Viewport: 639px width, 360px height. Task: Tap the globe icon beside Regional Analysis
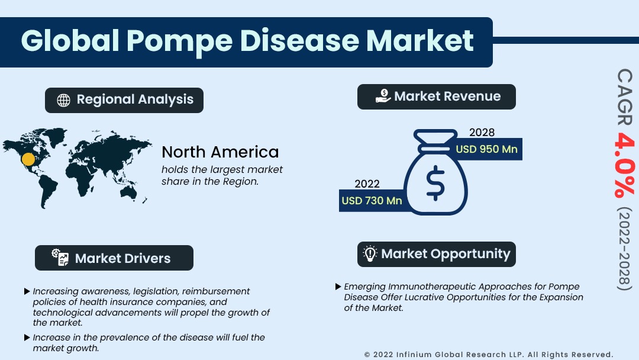coord(63,100)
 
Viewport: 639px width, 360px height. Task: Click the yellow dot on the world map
coord(28,159)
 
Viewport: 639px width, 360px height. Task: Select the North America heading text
coord(220,152)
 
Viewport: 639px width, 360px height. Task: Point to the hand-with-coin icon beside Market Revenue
coord(383,97)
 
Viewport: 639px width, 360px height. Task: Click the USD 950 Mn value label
coord(486,149)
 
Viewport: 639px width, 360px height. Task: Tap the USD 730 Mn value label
coord(372,201)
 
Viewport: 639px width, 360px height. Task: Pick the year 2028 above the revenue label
coord(482,133)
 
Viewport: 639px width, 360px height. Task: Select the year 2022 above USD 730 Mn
coord(367,184)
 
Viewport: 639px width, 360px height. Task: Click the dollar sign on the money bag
coord(435,183)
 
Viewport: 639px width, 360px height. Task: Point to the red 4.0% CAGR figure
coord(624,165)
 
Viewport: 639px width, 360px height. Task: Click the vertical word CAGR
coord(625,97)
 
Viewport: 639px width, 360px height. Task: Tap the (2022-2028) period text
coord(624,249)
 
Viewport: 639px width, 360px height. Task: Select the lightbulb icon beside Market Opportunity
coord(370,253)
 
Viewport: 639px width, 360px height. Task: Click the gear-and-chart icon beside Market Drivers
coord(60,257)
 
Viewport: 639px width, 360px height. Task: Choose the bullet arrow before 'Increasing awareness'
coord(27,291)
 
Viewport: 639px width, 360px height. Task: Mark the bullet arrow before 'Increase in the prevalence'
coord(27,337)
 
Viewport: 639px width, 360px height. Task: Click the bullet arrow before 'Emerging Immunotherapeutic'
coord(338,287)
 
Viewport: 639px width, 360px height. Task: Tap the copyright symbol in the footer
coord(367,355)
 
